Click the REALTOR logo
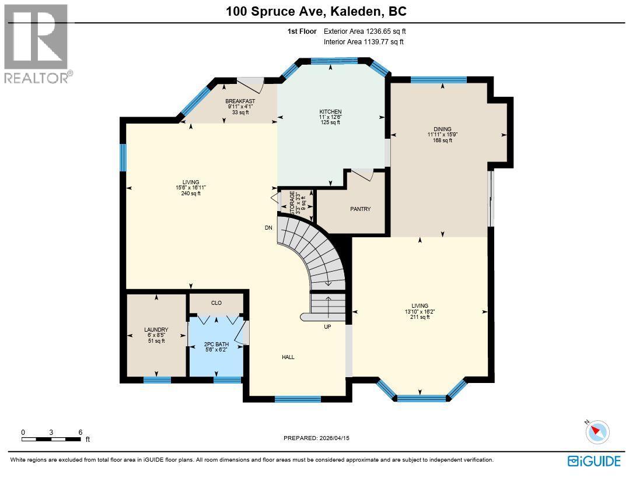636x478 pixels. [36, 44]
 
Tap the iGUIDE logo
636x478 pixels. [594, 461]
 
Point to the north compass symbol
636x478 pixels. [597, 431]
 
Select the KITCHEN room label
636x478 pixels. [330, 111]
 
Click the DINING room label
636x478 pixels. [442, 129]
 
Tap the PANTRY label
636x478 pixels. [360, 209]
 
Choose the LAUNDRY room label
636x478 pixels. [156, 330]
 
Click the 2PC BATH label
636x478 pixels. [216, 345]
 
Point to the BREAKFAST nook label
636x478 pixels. [240, 101]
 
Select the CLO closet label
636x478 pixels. [216, 303]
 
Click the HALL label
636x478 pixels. [288, 357]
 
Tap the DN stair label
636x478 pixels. [268, 228]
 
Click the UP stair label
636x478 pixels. [327, 327]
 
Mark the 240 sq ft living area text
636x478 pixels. [191, 194]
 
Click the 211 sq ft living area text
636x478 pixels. [420, 317]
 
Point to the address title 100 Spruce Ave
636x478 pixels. [317, 11]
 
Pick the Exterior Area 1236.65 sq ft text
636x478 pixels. [364, 31]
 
